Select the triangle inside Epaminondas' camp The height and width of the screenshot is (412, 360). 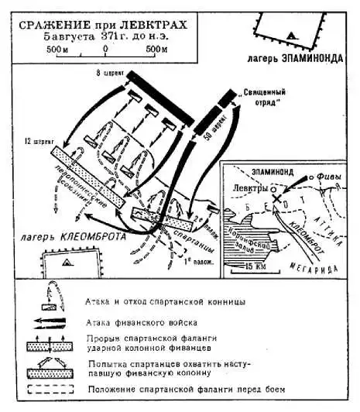(290, 36)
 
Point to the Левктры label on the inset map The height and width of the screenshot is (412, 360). (250, 187)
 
